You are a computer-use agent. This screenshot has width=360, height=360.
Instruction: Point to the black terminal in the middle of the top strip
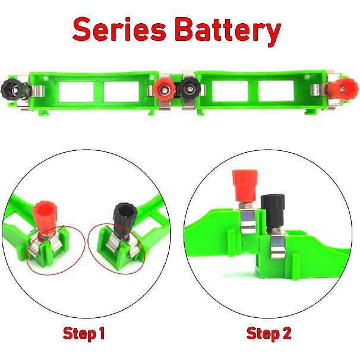click(190, 89)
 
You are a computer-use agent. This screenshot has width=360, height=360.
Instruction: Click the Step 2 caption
click(269, 334)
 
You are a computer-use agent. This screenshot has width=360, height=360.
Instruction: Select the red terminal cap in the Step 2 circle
click(242, 185)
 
